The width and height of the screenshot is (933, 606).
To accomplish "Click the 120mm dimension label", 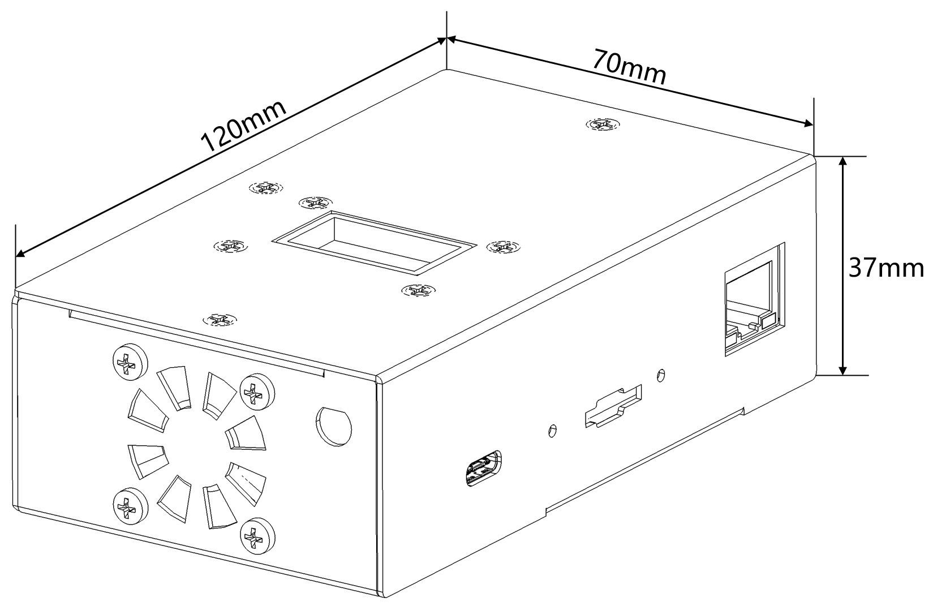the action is (x=244, y=126).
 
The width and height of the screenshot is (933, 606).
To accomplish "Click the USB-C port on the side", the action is (x=483, y=468).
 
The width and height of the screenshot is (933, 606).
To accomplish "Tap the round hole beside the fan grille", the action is (x=334, y=427).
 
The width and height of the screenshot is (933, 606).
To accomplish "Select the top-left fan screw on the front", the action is (x=130, y=362).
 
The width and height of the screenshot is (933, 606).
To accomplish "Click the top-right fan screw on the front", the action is (x=257, y=392).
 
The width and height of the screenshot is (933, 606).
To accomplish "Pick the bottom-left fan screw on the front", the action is (x=130, y=506).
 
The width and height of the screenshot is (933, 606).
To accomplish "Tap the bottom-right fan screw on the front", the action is (x=257, y=536).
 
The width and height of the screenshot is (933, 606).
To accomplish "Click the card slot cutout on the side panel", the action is (x=613, y=406).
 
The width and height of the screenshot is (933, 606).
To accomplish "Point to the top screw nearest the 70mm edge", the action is (x=602, y=124).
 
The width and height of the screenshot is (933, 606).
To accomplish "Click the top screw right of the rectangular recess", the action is (x=503, y=247).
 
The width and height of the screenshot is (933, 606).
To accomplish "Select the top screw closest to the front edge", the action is (x=220, y=320).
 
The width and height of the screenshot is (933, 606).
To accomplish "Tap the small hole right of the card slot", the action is (x=660, y=375).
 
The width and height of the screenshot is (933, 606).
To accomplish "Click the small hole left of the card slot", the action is (x=553, y=431).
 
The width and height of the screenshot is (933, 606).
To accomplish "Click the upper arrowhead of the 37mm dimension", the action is (x=843, y=161).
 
